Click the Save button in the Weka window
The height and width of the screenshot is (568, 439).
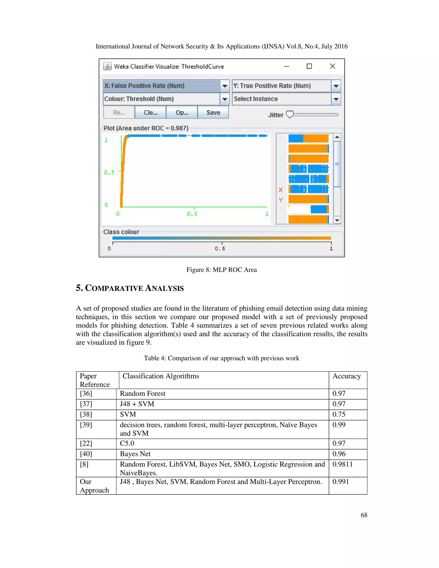click(213, 112)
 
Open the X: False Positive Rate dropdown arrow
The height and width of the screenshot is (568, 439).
click(225, 86)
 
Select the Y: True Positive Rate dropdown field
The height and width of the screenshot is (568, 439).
click(281, 86)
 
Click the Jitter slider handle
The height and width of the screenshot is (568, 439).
click(289, 114)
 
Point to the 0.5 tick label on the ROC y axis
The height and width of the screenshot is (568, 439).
click(109, 172)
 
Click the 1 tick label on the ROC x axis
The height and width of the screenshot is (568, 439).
click(267, 214)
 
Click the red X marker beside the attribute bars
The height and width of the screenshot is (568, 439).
click(281, 190)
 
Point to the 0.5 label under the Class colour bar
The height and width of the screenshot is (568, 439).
click(220, 249)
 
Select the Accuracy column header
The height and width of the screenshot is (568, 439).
click(346, 376)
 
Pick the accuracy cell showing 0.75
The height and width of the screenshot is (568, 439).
click(339, 414)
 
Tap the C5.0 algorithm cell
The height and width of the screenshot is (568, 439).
click(127, 443)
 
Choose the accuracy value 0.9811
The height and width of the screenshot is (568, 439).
click(342, 464)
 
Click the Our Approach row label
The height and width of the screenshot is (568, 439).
click(94, 486)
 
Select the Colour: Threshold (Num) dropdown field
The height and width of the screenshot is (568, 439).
click(161, 99)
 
